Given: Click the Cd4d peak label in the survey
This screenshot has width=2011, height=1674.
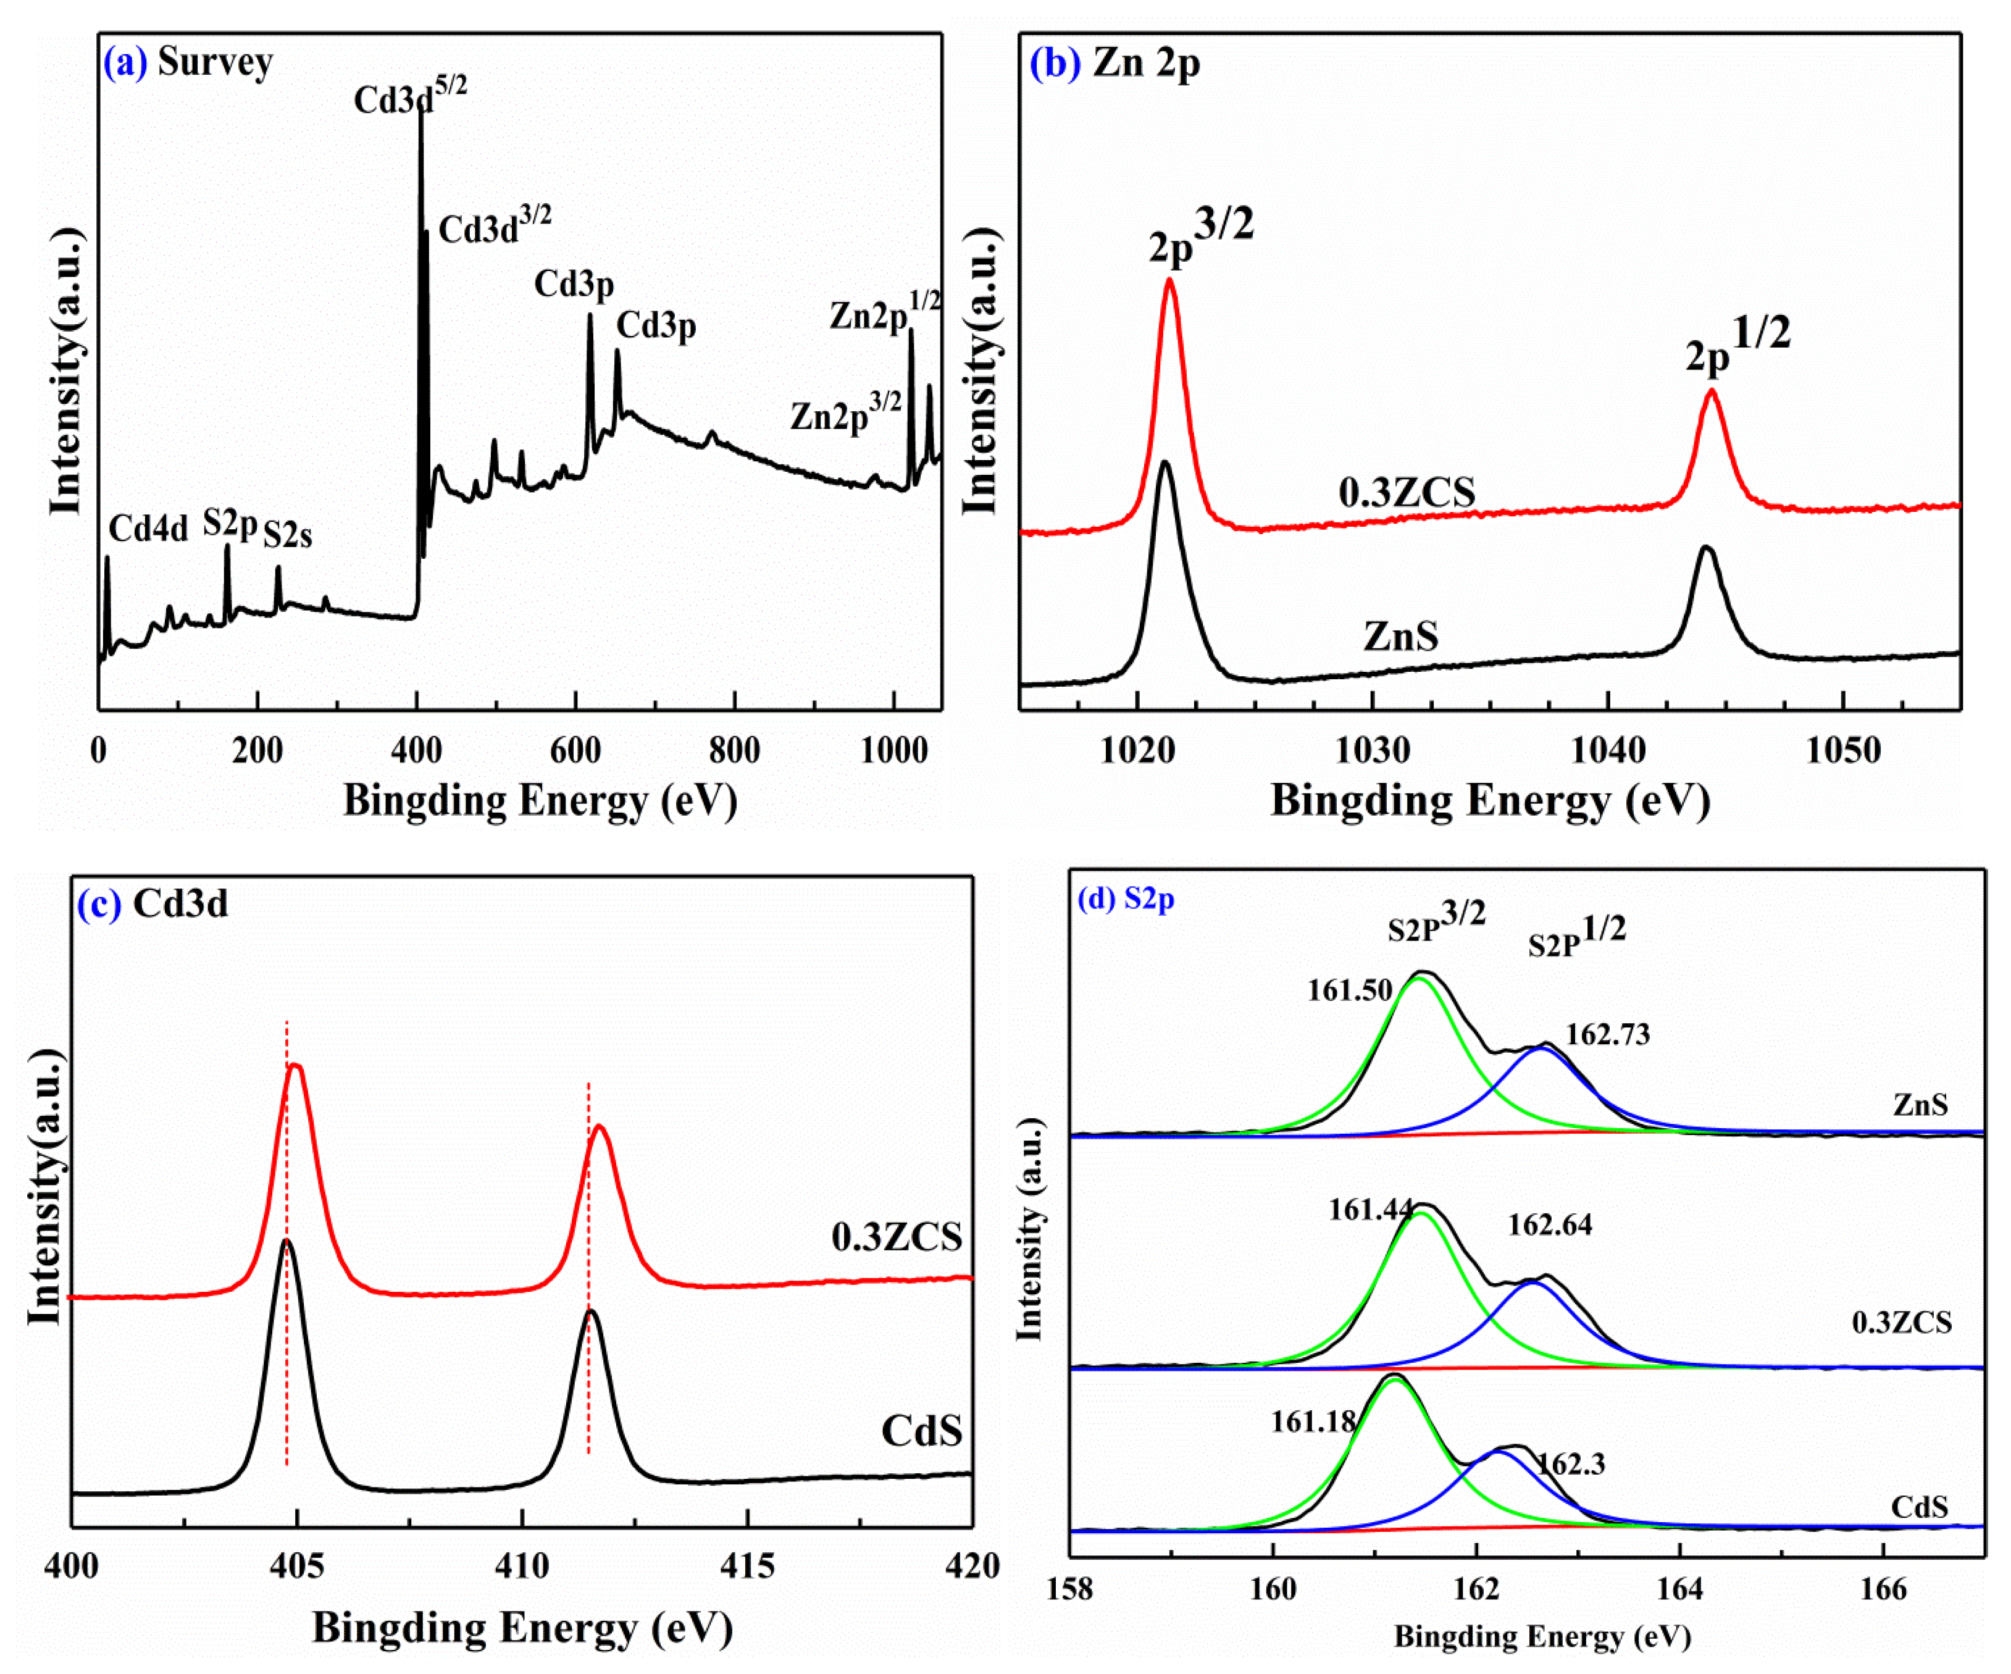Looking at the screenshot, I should (148, 529).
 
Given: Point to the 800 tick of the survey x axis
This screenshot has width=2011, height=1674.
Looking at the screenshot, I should (735, 750).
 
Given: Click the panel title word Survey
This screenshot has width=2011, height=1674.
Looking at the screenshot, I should (215, 62).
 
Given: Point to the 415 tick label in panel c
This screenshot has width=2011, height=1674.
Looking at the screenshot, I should (748, 1567).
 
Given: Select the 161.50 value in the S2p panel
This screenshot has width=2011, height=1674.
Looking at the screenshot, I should (1349, 990).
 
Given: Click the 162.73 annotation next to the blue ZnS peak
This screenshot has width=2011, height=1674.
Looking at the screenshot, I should (1608, 1036).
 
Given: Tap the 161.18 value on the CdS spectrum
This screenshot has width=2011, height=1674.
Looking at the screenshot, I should (1313, 1422).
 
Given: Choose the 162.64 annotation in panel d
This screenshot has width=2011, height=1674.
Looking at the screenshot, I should (1549, 1225).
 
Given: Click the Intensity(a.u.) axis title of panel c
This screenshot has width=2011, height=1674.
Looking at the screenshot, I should (46, 1187).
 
